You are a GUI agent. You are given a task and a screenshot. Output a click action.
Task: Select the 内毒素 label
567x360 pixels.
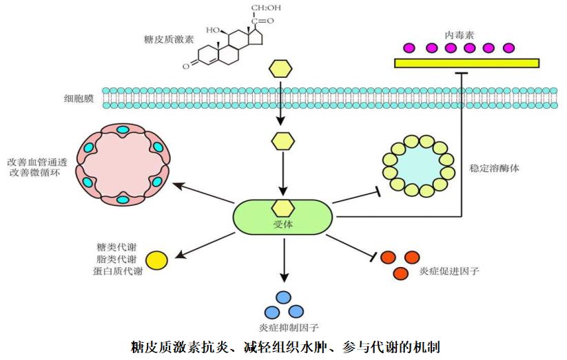460,32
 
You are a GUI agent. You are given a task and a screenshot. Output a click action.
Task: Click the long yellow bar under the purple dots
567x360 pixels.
466,63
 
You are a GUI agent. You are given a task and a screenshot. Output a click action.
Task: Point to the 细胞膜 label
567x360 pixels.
78,98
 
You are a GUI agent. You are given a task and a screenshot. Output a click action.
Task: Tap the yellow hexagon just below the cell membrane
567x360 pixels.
280,140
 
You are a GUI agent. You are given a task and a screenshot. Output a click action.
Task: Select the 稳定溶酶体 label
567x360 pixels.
495,167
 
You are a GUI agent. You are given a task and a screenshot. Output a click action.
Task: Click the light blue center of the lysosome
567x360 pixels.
417,167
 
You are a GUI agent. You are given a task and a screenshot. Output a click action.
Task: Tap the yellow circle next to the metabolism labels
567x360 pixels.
156,260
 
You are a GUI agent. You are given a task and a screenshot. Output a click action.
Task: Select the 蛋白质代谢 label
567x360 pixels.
118,271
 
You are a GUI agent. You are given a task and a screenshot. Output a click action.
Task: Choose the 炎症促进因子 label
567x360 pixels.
449,271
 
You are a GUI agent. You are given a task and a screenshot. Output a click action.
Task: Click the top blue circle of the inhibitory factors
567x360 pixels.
282,297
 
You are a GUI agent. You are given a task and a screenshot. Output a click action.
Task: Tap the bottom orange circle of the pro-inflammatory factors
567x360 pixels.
400,273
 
